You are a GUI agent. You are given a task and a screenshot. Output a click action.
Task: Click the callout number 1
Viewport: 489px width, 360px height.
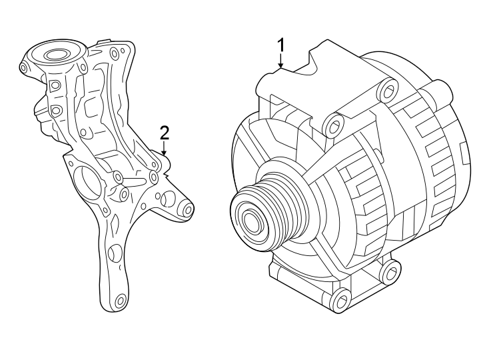point(281,45)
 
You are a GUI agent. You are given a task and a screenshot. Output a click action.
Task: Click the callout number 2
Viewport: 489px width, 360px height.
point(164,131)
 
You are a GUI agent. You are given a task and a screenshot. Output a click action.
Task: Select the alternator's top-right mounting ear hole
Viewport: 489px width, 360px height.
point(385,91)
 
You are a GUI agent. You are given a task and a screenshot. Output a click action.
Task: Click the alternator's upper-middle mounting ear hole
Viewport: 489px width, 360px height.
point(334,125)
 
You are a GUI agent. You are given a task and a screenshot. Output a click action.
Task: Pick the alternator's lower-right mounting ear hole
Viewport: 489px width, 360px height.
point(391,271)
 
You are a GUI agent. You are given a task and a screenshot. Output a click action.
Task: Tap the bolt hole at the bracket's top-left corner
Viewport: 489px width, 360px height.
point(25,67)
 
